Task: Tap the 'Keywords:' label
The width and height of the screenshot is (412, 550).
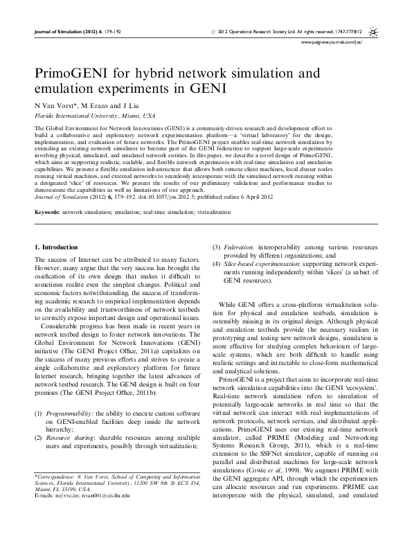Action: click(47, 209)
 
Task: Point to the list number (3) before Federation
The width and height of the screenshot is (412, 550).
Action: click(216, 247)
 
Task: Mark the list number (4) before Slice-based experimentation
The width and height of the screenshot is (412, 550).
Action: click(216, 265)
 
